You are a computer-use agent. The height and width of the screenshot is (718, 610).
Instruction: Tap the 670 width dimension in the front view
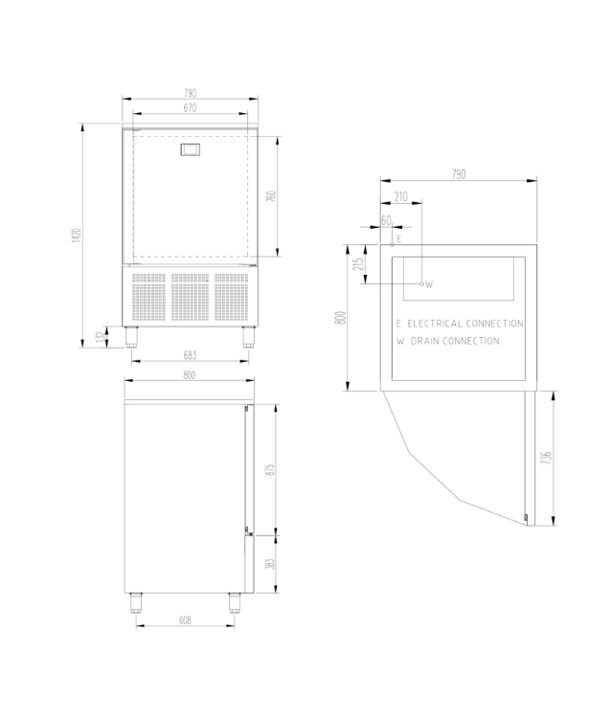(x=190, y=107)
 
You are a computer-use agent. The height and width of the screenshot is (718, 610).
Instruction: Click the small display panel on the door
(x=191, y=149)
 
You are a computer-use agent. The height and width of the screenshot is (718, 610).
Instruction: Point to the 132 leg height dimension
(x=101, y=337)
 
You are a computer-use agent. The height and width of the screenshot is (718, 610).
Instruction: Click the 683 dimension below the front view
(x=190, y=355)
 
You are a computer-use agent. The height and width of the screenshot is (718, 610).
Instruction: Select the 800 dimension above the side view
(x=190, y=375)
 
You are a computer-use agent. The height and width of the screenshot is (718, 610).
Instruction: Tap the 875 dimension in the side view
(x=270, y=469)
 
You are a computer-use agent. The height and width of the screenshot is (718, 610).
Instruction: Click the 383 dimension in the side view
(x=270, y=563)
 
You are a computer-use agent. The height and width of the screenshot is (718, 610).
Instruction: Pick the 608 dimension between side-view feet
(x=185, y=620)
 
